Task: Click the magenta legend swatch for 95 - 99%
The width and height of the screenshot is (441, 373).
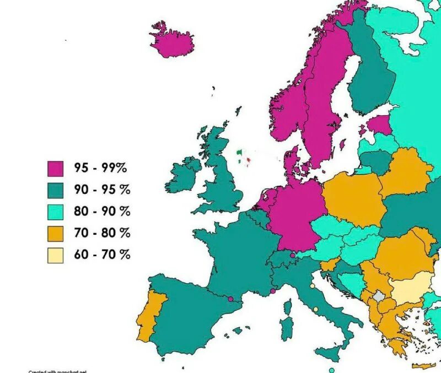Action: pos(56,168)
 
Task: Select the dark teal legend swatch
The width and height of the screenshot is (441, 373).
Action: pos(56,190)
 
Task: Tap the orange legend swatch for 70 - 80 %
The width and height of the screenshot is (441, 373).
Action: pos(56,234)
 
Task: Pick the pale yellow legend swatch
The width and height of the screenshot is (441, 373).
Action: pos(56,255)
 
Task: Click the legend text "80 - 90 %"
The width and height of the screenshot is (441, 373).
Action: pos(102,211)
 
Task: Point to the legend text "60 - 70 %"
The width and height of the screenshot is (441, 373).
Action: pos(102,255)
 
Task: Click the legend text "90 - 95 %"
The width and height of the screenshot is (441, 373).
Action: pos(102,190)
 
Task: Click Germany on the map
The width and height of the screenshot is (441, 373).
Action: pos(295,212)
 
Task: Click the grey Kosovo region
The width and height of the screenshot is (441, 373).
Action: pos(379,296)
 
